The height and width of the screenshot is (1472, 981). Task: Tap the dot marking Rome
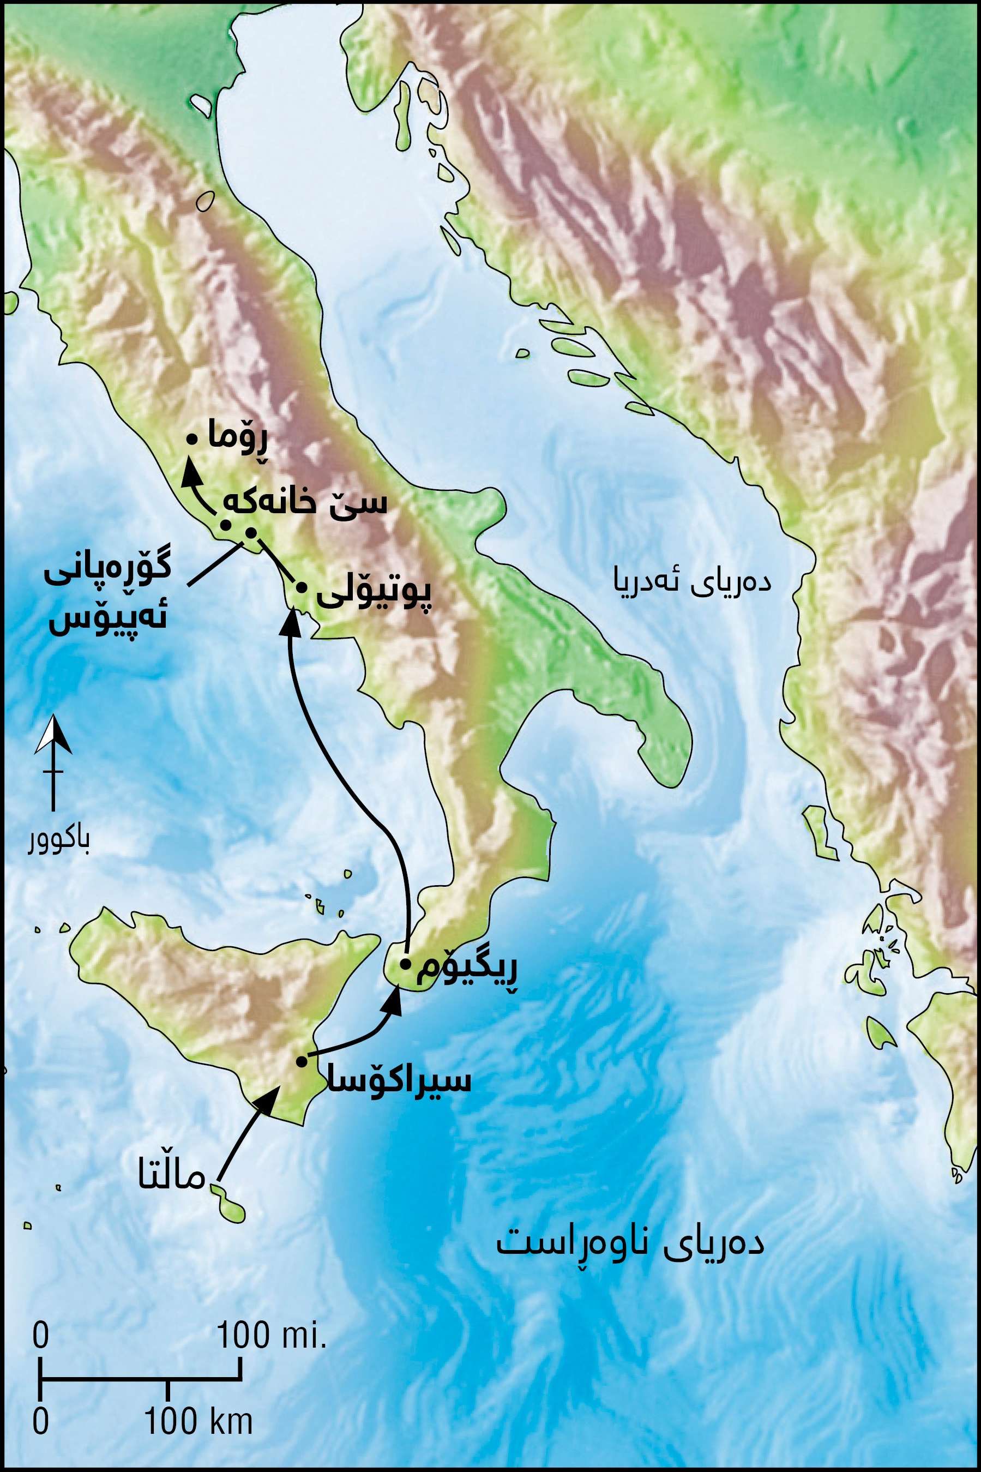192,440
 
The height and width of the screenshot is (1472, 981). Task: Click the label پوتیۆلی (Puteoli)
374,596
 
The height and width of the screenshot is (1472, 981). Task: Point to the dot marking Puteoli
301,588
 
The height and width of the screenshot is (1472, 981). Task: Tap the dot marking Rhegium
405,963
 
